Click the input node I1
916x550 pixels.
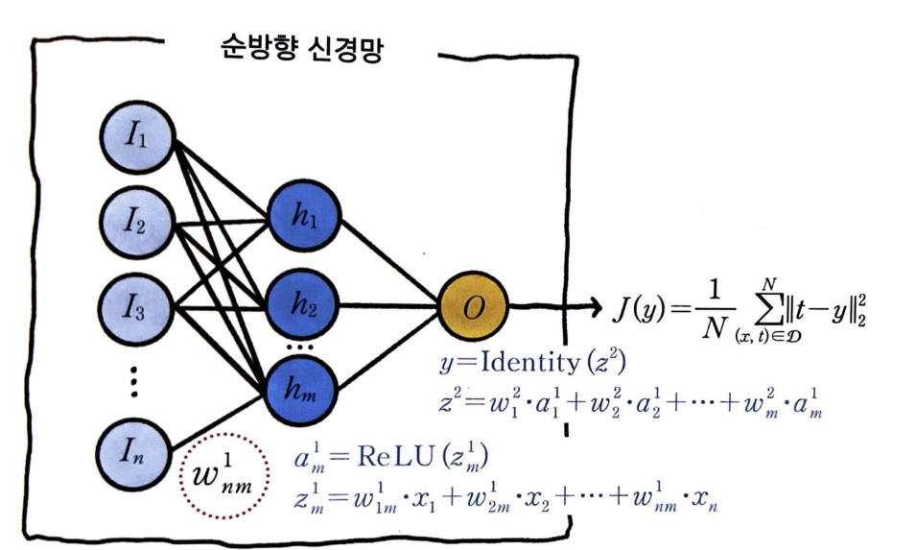137,137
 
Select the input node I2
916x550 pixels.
137,223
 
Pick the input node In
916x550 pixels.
133,453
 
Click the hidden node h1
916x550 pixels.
303,216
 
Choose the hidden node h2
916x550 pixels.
303,304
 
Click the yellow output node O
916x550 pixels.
473,306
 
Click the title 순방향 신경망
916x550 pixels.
302,49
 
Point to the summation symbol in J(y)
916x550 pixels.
770,308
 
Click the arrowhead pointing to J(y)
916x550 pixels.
596,307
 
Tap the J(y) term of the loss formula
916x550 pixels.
639,309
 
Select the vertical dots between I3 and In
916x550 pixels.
133,381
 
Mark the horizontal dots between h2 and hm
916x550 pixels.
300,347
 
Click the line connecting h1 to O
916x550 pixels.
389,261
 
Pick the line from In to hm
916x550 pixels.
218,420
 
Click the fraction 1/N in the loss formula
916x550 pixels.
714,309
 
